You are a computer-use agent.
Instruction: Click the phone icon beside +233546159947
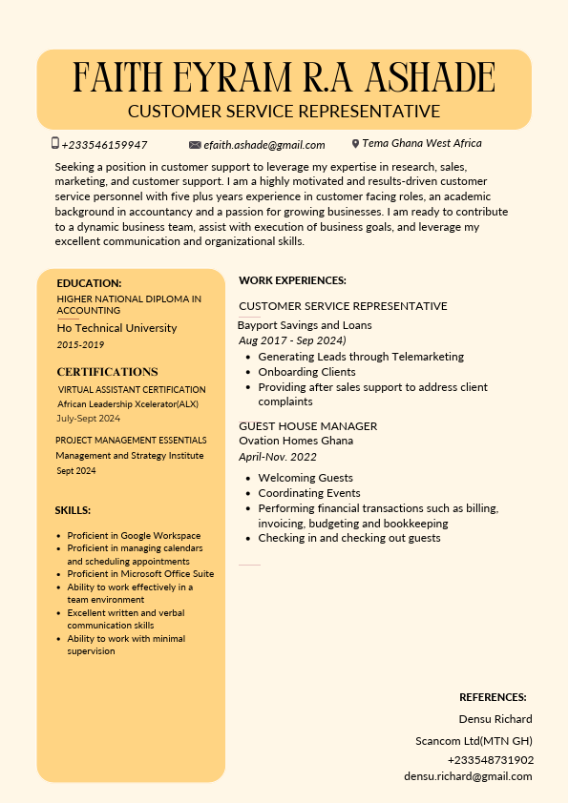click(55, 143)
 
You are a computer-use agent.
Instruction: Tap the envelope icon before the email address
click(195, 145)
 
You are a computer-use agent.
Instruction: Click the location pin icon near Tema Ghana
click(355, 144)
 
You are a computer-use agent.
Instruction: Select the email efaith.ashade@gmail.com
click(264, 145)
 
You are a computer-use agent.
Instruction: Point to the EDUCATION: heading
click(89, 283)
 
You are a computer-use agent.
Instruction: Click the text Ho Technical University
click(116, 328)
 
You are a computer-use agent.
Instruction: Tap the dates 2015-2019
click(80, 344)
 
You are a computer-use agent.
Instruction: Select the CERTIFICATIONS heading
click(107, 372)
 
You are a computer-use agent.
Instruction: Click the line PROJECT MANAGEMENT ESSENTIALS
click(131, 441)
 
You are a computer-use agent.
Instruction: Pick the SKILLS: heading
click(73, 510)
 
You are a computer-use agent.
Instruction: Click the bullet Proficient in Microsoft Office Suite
click(140, 574)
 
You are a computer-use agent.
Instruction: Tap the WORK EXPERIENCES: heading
click(292, 280)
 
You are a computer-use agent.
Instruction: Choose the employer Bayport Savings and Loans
click(305, 325)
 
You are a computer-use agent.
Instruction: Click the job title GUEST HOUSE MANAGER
click(307, 426)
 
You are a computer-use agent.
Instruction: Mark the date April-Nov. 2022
click(278, 457)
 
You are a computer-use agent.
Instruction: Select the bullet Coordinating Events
click(309, 493)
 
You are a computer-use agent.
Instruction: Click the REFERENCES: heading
click(493, 697)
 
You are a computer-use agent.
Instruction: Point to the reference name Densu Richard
click(495, 719)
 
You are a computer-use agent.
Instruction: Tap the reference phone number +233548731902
click(491, 760)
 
